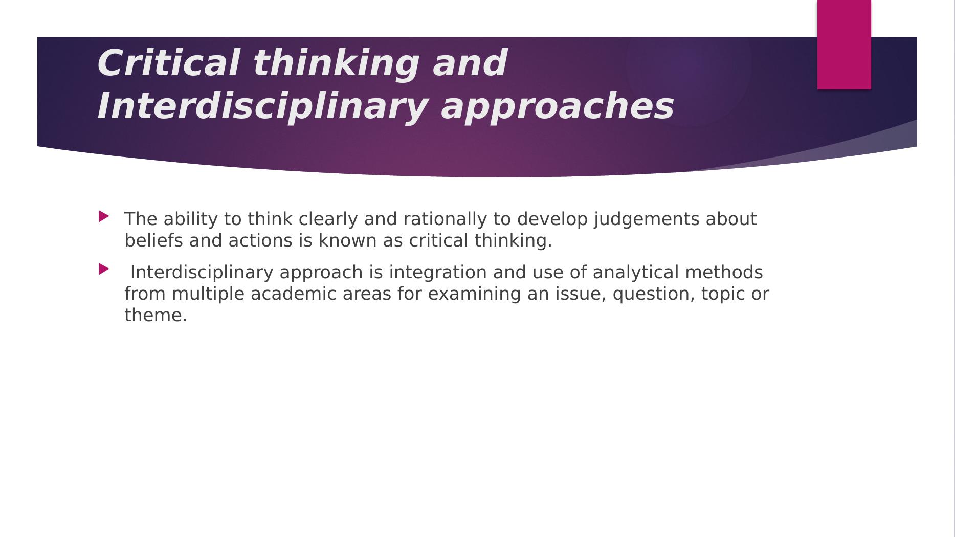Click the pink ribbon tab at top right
pos(844,44)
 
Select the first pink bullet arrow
pos(104,216)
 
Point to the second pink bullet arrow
pos(104,269)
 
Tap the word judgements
pos(647,219)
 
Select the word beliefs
pos(153,240)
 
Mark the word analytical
pos(636,272)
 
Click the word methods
pos(724,272)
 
